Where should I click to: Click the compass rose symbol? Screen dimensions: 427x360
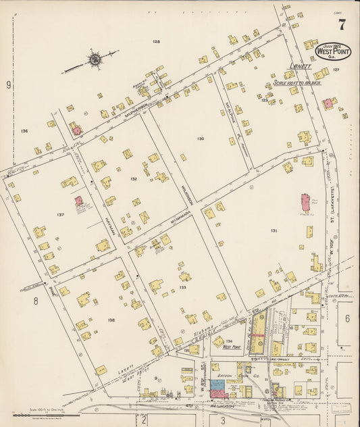pos(95,60)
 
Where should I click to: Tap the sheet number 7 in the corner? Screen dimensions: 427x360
pos(342,25)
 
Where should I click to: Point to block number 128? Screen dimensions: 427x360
pos(156,42)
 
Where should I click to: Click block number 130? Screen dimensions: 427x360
pos(201,139)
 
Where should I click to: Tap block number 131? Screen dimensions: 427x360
pos(274,230)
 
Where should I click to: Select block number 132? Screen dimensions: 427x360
pos(134,179)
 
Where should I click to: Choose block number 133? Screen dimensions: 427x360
pos(182,287)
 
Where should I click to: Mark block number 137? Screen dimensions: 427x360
pos(61,215)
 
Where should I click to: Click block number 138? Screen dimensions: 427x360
pos(111,320)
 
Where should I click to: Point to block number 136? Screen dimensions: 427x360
pos(24,130)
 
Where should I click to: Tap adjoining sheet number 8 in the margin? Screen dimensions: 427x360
pos(35,302)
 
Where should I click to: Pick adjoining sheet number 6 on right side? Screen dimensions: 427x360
pos(347,318)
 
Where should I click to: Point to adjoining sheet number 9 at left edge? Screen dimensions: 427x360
pos(9,84)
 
